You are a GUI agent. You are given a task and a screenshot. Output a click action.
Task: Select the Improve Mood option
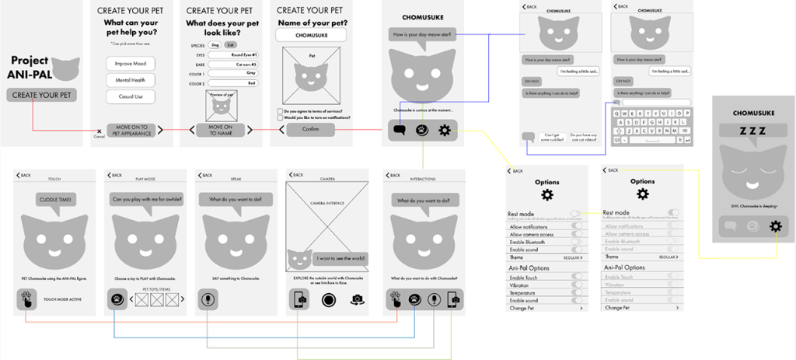(x=131, y=63)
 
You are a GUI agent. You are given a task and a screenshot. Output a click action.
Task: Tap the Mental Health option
(x=131, y=80)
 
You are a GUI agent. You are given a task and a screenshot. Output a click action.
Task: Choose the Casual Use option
(x=131, y=97)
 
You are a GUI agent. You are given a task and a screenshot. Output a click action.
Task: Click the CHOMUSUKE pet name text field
(x=311, y=35)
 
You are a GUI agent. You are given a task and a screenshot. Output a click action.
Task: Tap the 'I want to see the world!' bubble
(x=341, y=258)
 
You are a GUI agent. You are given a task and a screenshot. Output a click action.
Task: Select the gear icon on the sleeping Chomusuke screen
(x=774, y=226)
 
